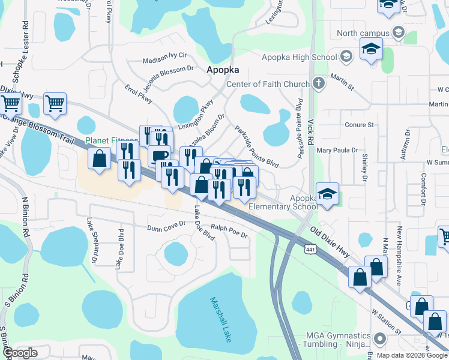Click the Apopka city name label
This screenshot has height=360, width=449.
tap(223, 69)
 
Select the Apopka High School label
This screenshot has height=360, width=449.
tap(299, 57)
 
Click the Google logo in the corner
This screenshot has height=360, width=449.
tap(20, 353)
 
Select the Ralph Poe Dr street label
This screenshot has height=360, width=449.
tap(229, 232)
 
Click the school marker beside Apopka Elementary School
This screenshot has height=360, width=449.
tap(327, 195)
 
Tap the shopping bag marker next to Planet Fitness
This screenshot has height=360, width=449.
tap(99, 160)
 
